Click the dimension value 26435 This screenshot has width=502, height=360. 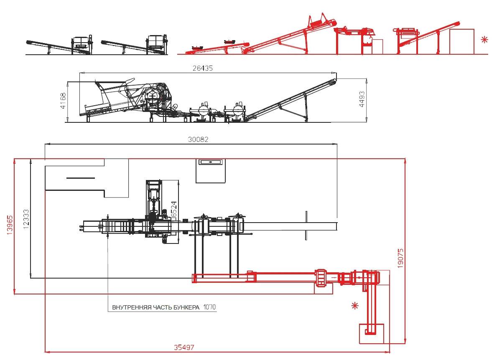point(203,68)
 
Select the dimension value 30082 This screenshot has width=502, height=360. point(198,139)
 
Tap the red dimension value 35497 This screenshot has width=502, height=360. point(184,347)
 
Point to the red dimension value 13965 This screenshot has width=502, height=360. point(10,225)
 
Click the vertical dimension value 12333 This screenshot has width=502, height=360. point(26,220)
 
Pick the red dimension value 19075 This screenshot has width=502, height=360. point(400,258)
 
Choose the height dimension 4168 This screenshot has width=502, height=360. point(64,101)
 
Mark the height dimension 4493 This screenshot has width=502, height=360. point(362,99)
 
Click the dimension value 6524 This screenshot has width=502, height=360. point(174,209)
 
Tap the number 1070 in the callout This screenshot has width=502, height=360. point(209,307)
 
